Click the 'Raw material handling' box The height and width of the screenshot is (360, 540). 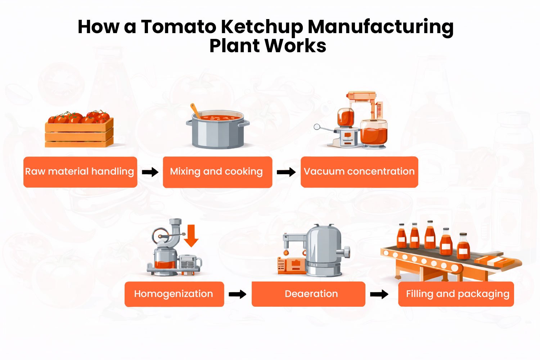coord(80,172)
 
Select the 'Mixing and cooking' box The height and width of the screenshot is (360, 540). coord(217,172)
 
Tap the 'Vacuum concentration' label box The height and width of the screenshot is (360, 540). coord(359,172)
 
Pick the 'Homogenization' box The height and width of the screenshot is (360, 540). coord(174,294)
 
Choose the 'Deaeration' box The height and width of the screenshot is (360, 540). coord(308,294)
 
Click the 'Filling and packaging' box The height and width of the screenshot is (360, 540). coord(456,294)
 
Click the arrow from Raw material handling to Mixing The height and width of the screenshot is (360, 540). coord(150,172)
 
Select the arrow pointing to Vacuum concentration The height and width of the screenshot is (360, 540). coord(286,172)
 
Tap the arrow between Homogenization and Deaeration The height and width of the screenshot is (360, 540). coord(238,294)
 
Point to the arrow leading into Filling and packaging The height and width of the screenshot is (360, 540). coord(379,294)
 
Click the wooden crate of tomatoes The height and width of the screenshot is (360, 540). coord(79,133)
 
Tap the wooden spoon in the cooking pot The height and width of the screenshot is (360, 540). coord(196,111)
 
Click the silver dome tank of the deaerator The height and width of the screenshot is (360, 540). coord(323,248)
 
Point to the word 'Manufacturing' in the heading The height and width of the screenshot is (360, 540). coord(381,27)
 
